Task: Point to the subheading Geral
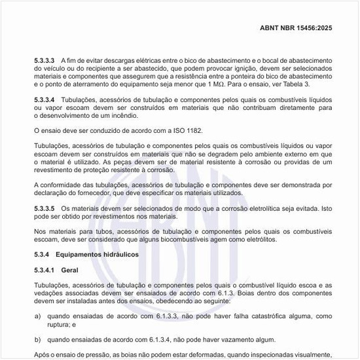click(69, 270)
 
